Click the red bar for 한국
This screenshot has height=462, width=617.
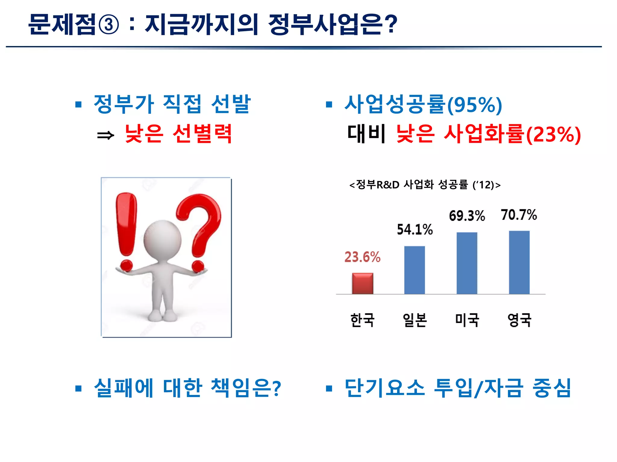click(x=362, y=283)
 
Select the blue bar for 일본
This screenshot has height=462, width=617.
click(x=415, y=270)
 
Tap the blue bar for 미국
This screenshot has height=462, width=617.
click(x=467, y=263)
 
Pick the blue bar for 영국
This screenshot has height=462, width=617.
click(x=519, y=262)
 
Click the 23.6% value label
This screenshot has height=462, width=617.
click(x=362, y=257)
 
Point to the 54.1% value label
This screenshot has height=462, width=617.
click(x=415, y=229)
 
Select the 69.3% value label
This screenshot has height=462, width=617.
click(x=467, y=216)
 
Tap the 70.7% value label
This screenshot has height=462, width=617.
click(x=519, y=215)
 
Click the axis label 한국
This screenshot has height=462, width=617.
click(x=362, y=320)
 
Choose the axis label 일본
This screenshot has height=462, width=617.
click(x=415, y=320)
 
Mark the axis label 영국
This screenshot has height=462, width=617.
click(x=519, y=320)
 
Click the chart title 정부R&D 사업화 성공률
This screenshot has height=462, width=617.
click(x=425, y=185)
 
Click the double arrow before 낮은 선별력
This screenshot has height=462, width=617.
click(x=106, y=135)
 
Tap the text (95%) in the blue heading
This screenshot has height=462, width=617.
click(x=474, y=105)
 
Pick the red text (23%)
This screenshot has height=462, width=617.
click(x=553, y=134)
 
